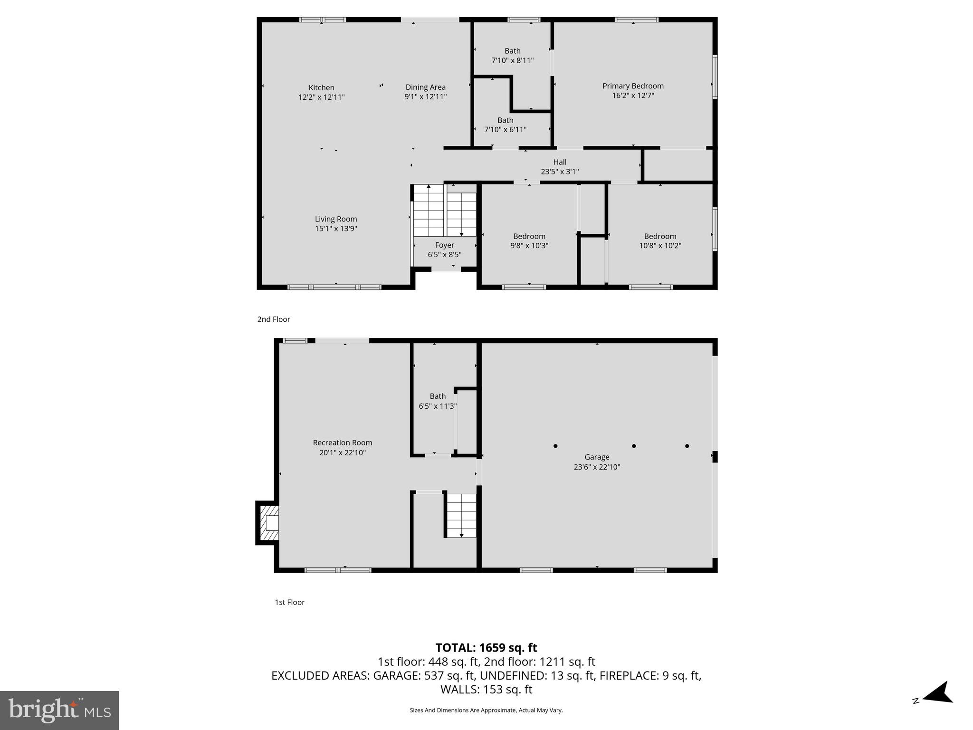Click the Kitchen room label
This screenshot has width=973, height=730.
(322, 88)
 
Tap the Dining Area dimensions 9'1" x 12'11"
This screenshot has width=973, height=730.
(425, 97)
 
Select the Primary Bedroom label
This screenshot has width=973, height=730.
(633, 86)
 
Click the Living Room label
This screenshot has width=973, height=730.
(336, 219)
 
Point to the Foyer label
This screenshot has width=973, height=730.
(444, 245)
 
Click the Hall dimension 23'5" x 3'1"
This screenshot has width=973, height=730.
(560, 172)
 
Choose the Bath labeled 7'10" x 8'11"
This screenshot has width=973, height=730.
(512, 56)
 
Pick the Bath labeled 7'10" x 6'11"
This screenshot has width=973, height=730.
(505, 125)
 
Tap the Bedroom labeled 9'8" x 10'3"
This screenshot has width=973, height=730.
(529, 241)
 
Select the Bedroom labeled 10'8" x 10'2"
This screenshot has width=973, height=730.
(660, 241)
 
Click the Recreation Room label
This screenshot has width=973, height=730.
(342, 443)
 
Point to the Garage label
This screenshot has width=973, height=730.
(597, 457)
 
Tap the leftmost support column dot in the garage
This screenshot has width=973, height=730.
(555, 446)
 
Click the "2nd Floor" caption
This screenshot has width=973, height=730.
(274, 319)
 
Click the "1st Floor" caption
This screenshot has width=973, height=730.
(289, 602)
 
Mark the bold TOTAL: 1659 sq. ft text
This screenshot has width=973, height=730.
(486, 648)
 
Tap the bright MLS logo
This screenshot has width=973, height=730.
(59, 711)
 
